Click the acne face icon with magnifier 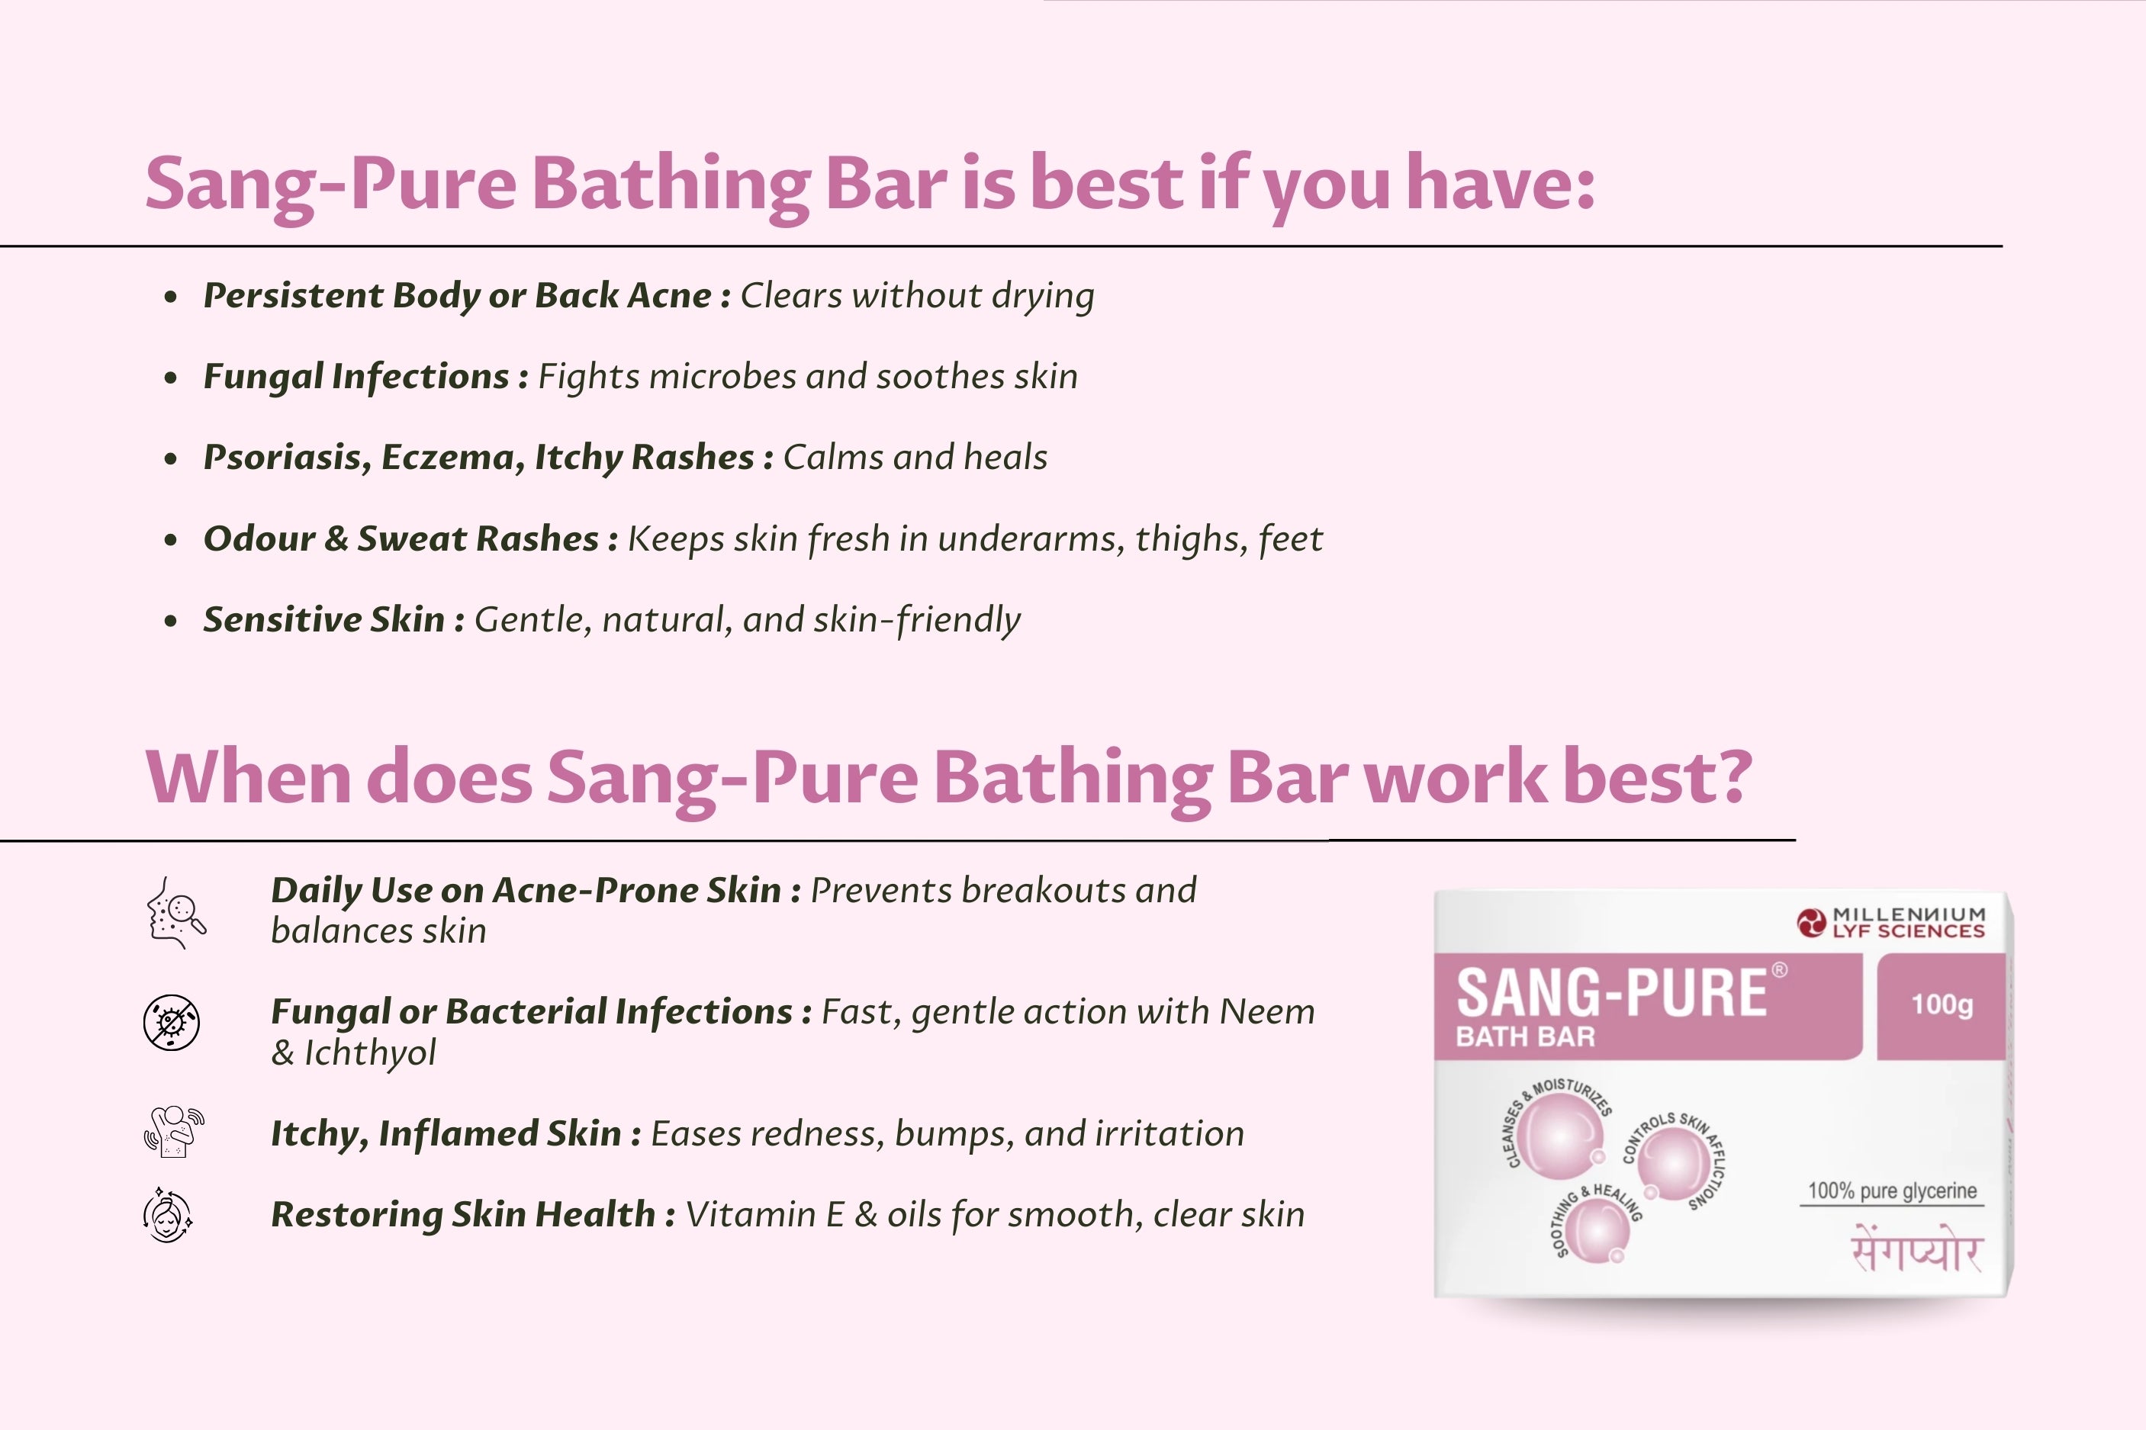point(176,913)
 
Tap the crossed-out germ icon point(172,1022)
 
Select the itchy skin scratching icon point(173,1132)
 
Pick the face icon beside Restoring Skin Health point(169,1215)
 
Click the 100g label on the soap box point(1942,1005)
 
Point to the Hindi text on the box point(1916,1249)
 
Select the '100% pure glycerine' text point(1893,1191)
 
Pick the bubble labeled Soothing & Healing point(1596,1230)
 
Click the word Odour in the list point(259,538)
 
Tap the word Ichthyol point(369,1052)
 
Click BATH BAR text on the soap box point(1525,1037)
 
